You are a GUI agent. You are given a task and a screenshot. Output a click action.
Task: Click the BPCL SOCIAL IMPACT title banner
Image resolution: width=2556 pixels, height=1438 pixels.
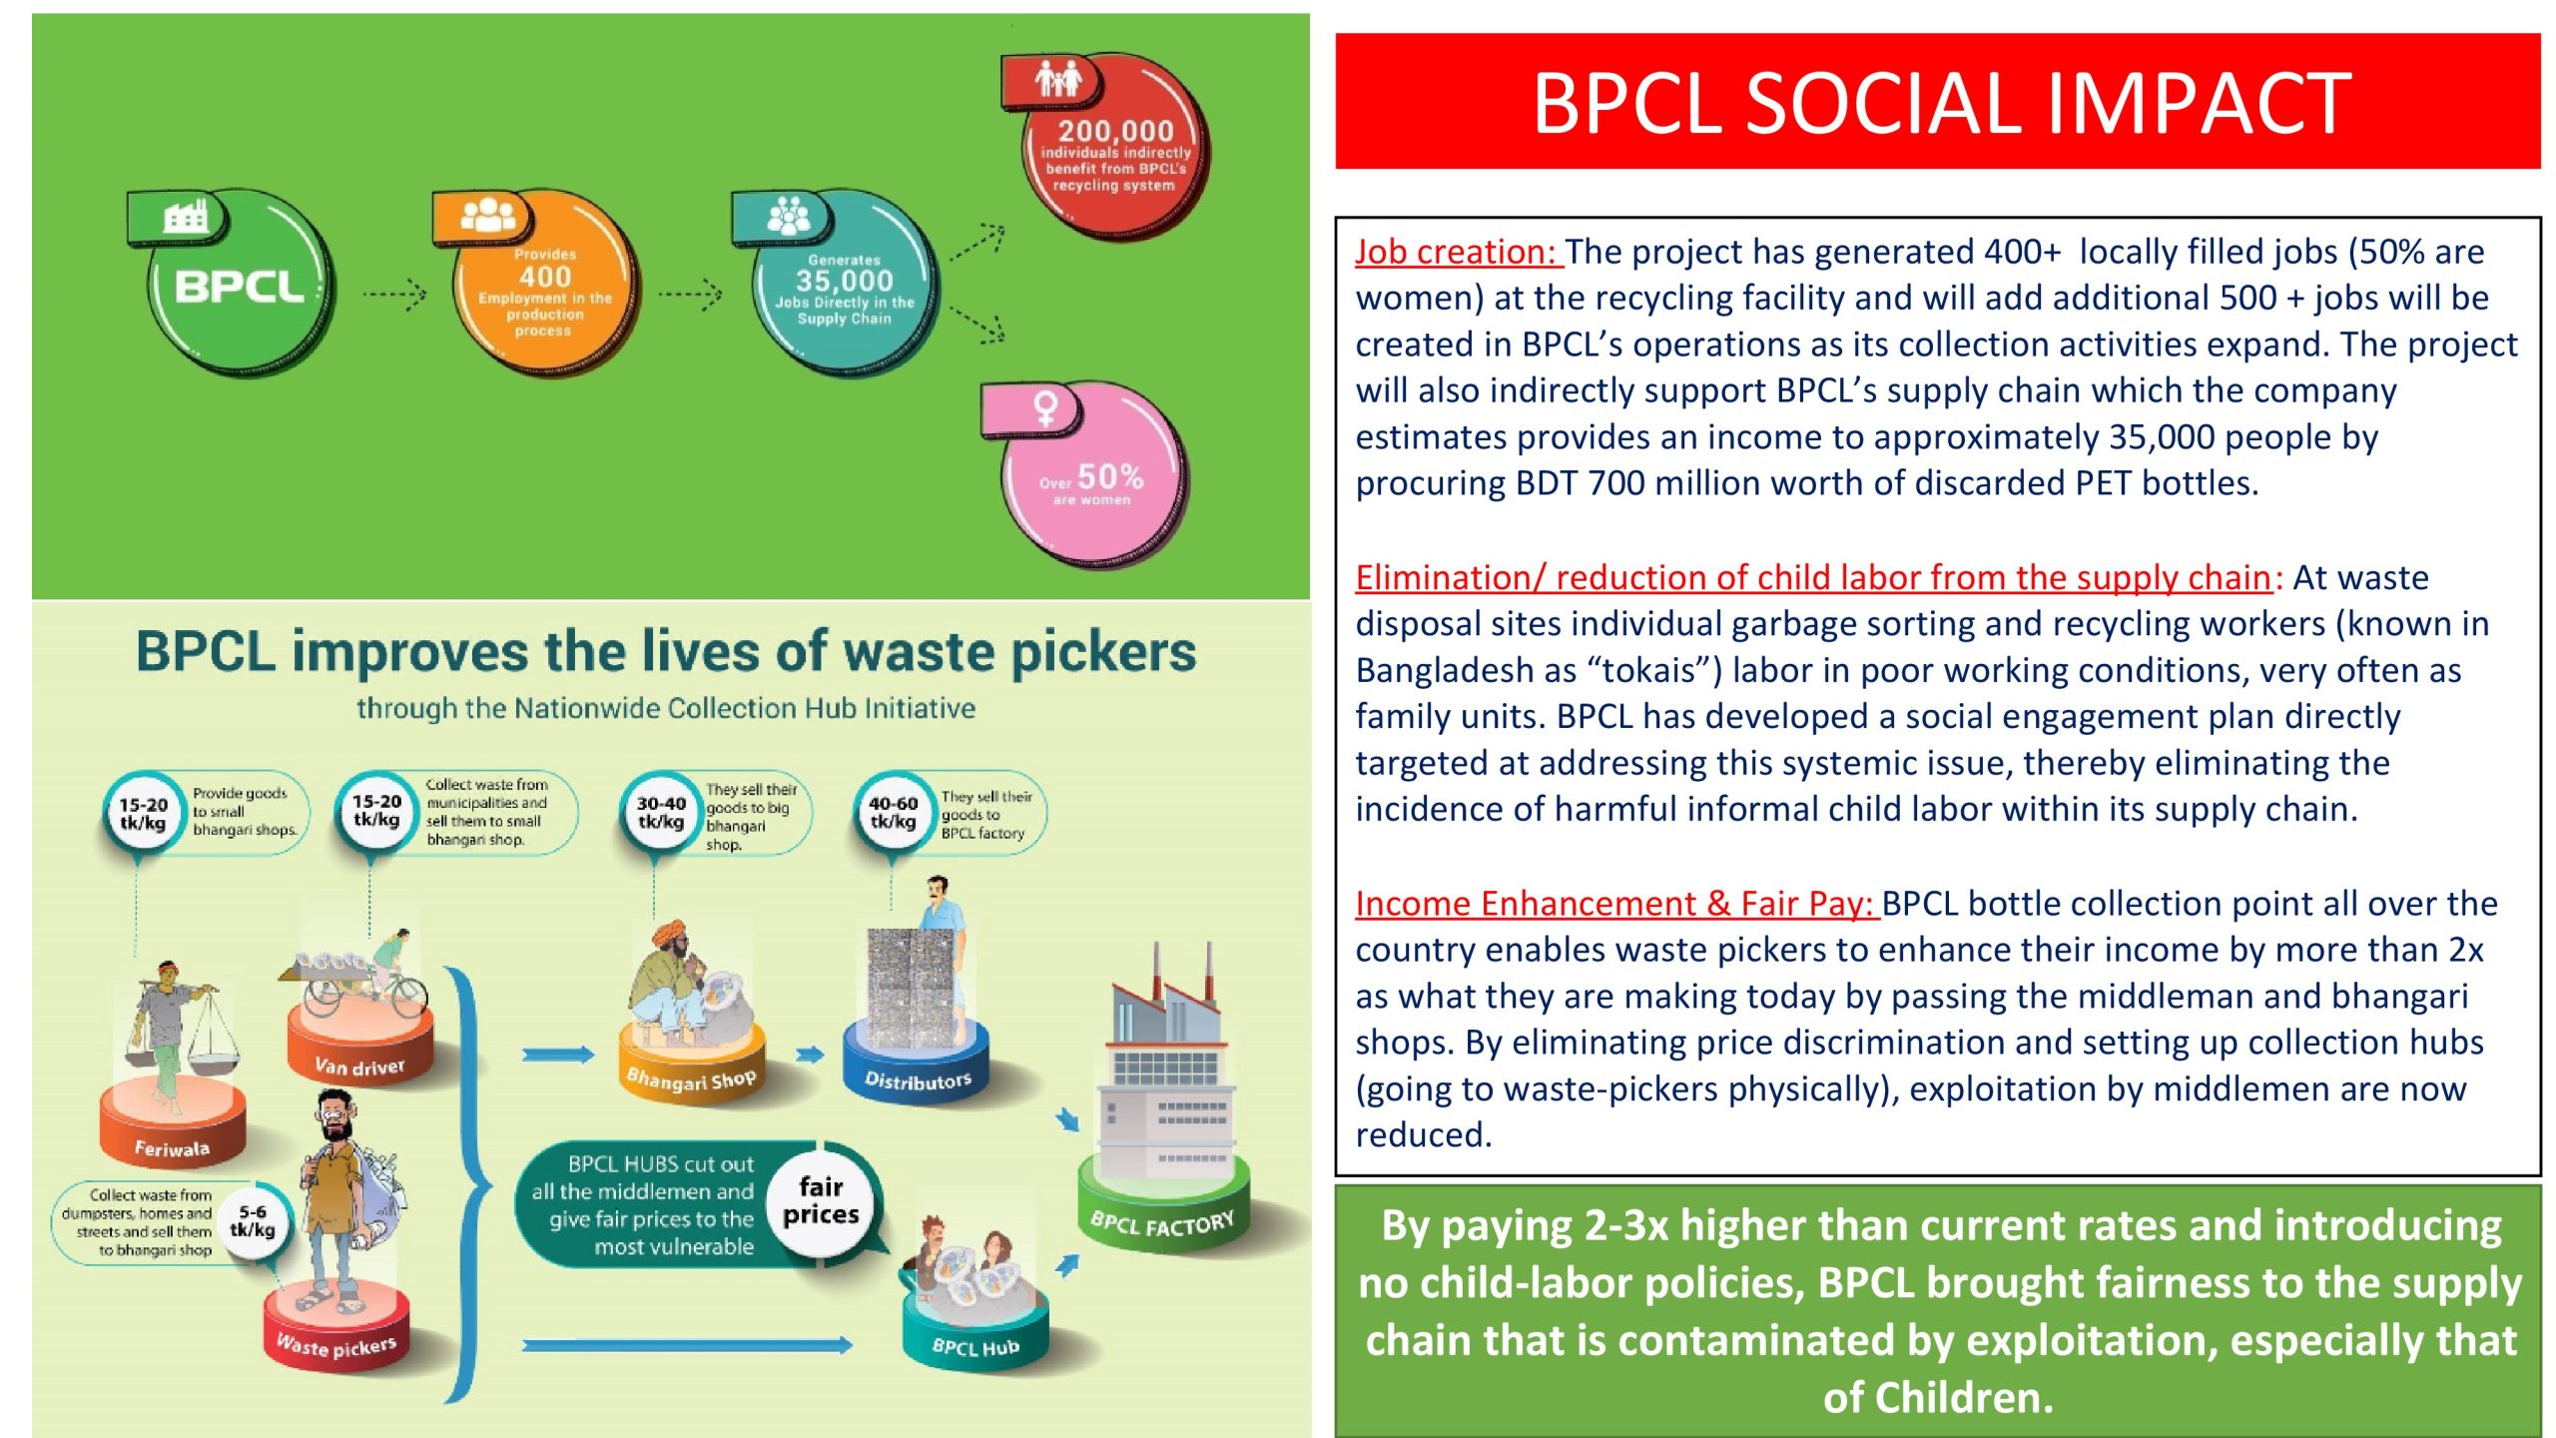(1937, 101)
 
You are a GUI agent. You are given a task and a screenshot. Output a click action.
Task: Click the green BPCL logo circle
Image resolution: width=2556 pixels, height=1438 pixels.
(241, 287)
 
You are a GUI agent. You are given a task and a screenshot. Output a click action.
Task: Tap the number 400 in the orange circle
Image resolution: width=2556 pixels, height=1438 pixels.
(545, 277)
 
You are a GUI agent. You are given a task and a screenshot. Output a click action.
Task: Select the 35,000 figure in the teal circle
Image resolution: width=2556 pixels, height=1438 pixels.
(844, 281)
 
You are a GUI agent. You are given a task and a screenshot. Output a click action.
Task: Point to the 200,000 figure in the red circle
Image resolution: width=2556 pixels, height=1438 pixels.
(1116, 131)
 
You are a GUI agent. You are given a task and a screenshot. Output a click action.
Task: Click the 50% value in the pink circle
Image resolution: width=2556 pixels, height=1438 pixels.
(1110, 476)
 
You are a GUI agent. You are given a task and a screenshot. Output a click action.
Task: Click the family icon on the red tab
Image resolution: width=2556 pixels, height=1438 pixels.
(1057, 78)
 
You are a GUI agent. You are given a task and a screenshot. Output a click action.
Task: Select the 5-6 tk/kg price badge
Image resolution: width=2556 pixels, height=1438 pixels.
(252, 1220)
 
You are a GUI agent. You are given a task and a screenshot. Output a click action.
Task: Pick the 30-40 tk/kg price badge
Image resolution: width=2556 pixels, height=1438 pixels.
(661, 813)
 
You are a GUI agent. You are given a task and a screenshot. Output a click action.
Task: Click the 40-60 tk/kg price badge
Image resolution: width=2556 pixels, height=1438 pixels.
(893, 812)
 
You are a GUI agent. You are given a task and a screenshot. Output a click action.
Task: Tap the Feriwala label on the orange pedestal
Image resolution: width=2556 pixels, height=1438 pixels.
(172, 1148)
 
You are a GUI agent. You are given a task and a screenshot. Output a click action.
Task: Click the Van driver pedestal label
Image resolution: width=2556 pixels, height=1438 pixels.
(359, 1067)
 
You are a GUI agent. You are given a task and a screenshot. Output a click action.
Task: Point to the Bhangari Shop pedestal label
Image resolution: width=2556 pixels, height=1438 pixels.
(691, 1079)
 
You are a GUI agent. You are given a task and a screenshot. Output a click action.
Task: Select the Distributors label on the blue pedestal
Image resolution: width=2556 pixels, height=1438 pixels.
(918, 1080)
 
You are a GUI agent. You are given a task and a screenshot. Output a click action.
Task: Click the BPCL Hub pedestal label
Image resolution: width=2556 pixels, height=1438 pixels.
(975, 1347)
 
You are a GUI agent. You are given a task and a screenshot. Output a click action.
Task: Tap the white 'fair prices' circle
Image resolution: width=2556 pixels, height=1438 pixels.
(821, 1201)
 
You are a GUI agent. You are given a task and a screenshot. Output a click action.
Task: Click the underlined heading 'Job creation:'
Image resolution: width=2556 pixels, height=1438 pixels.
(1459, 252)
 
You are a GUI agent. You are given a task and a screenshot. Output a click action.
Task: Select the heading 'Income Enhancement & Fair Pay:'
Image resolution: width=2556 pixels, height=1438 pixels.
(1616, 904)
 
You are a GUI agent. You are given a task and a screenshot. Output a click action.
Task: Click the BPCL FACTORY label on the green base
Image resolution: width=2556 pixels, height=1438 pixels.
(1162, 1222)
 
